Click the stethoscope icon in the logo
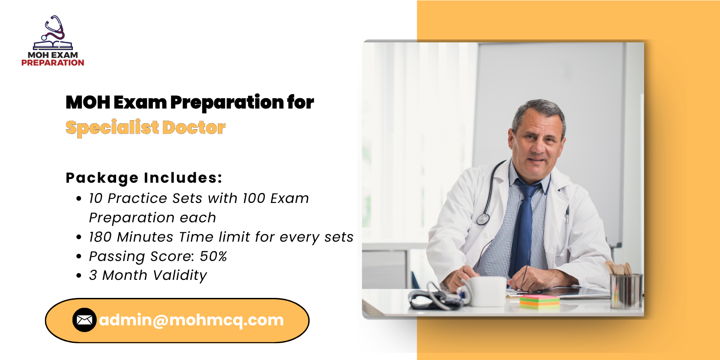(x=54, y=29)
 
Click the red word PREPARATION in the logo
(x=53, y=63)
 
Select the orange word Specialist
(x=112, y=128)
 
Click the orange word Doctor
(x=194, y=128)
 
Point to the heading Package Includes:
(x=144, y=178)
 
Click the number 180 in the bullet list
(x=100, y=237)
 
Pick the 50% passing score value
(x=213, y=256)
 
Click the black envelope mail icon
(x=85, y=320)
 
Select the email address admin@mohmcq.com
(x=191, y=320)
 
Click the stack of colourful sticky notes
(x=540, y=302)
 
